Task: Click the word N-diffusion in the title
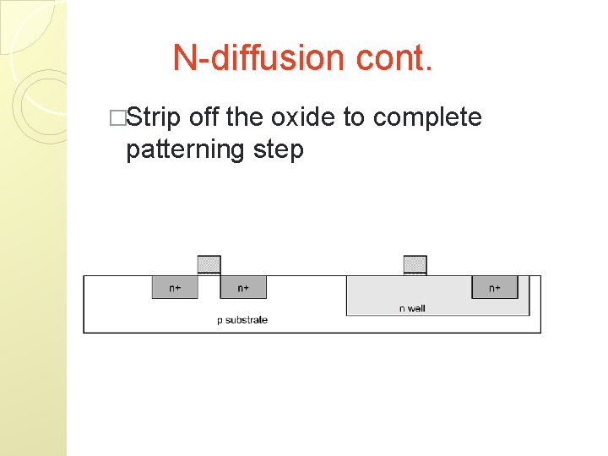[x=252, y=57]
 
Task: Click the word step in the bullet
[x=278, y=150]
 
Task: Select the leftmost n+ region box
[x=174, y=287]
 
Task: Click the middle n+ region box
[x=243, y=287]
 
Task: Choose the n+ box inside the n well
[x=495, y=287]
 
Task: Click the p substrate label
[x=242, y=320]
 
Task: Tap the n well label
[x=412, y=308]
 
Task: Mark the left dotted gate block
[x=209, y=265]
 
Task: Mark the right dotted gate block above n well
[x=415, y=265]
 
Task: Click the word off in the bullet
[x=205, y=117]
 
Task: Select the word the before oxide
[x=245, y=117]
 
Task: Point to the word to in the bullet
[x=354, y=117]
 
